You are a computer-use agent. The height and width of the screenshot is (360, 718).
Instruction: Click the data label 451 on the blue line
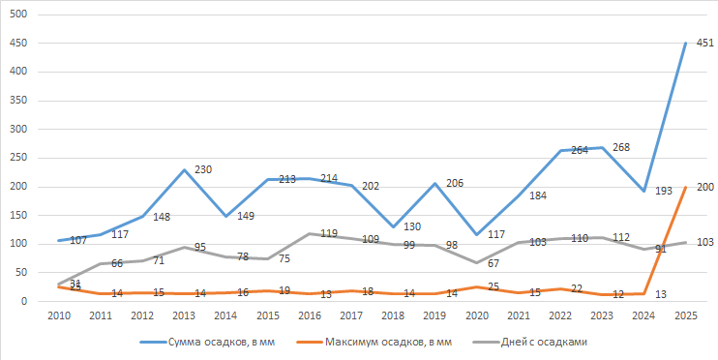pos(704,44)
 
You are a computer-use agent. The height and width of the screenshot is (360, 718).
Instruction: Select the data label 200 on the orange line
pos(704,187)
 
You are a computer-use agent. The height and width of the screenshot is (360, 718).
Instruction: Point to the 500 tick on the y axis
pos(18,15)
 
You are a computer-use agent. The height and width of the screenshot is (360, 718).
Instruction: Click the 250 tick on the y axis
pos(18,158)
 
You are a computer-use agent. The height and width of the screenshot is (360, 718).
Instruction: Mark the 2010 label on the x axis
pos(58,316)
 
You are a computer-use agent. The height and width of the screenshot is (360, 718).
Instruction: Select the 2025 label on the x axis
pos(686,316)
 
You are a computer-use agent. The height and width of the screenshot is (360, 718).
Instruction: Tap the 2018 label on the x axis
pos(393,316)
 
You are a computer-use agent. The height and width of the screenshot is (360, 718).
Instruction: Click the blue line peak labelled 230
pos(203,169)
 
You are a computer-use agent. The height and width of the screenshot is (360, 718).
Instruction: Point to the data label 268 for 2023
pos(621,148)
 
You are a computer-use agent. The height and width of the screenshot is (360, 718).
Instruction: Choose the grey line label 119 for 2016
pos(329,233)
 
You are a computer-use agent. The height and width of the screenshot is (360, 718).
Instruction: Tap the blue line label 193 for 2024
pos(662,192)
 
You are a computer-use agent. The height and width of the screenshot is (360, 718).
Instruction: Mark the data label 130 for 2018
pos(412,227)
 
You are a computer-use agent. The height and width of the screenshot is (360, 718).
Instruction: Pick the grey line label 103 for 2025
pos(704,242)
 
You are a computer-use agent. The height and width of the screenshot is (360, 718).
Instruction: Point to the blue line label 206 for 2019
pos(454,183)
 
